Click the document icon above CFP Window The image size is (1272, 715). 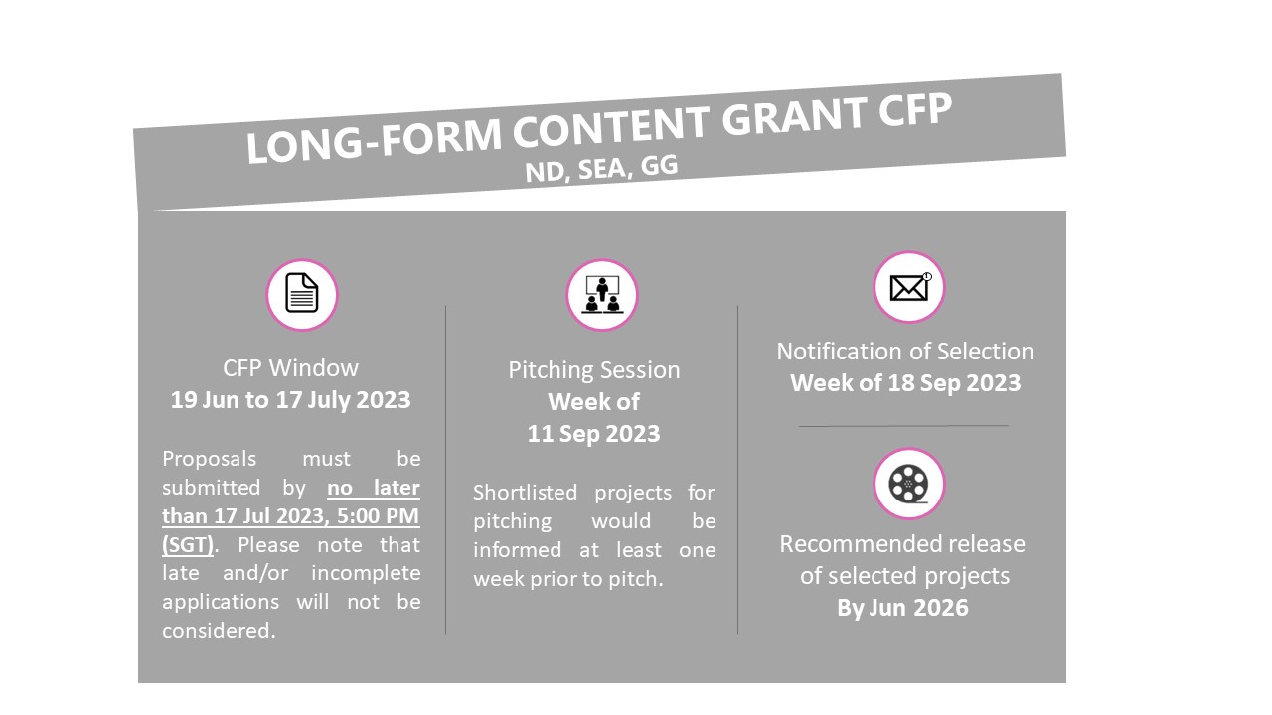click(x=301, y=293)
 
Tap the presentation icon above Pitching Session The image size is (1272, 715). click(x=602, y=294)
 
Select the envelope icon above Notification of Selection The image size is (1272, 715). click(x=908, y=287)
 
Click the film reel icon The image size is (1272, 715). click(x=908, y=484)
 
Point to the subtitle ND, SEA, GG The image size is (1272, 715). click(x=601, y=169)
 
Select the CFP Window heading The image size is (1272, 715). click(x=290, y=368)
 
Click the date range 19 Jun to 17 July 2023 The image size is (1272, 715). click(x=290, y=400)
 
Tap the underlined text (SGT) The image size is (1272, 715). click(x=188, y=545)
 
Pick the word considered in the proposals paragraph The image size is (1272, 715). click(x=219, y=631)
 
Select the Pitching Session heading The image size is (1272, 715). click(x=594, y=370)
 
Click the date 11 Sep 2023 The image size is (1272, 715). click(x=594, y=434)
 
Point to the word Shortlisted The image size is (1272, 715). click(x=525, y=492)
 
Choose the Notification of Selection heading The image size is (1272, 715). click(x=905, y=352)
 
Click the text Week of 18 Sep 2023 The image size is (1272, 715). click(x=905, y=383)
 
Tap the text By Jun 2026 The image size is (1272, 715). click(x=903, y=608)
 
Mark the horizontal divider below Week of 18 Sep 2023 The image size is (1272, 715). click(x=903, y=426)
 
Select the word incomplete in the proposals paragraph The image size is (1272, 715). click(x=366, y=573)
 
